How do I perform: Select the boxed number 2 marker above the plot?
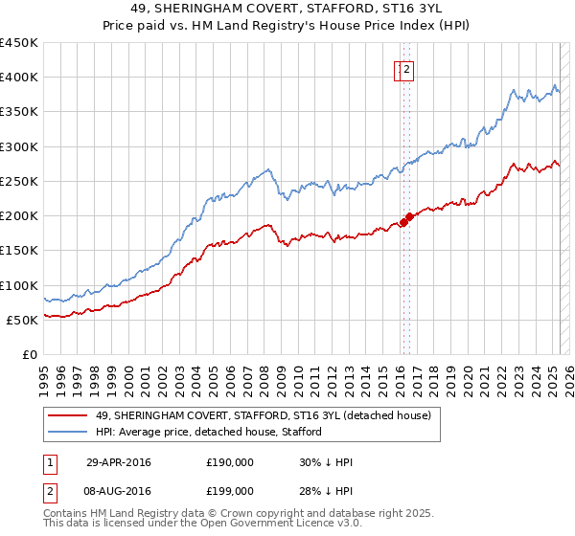tap(407, 69)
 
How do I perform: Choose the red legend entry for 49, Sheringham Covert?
tap(264, 414)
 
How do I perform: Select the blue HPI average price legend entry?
tap(208, 432)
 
